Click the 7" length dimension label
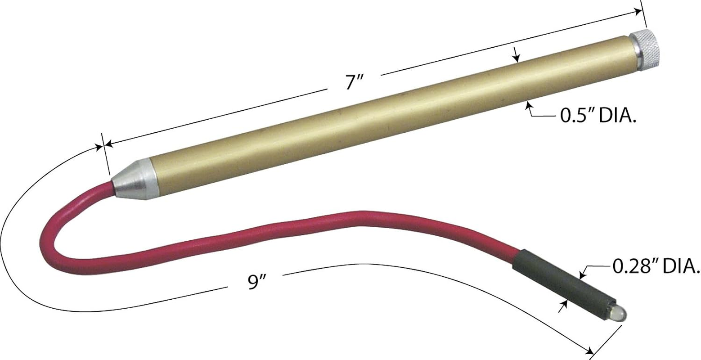click(354, 82)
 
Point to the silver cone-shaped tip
click(134, 179)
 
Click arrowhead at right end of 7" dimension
click(638, 12)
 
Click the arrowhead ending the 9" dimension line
click(588, 350)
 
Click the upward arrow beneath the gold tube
click(529, 106)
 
